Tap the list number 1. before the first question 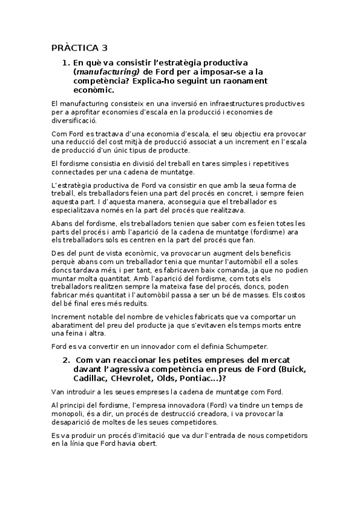tap(66, 63)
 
